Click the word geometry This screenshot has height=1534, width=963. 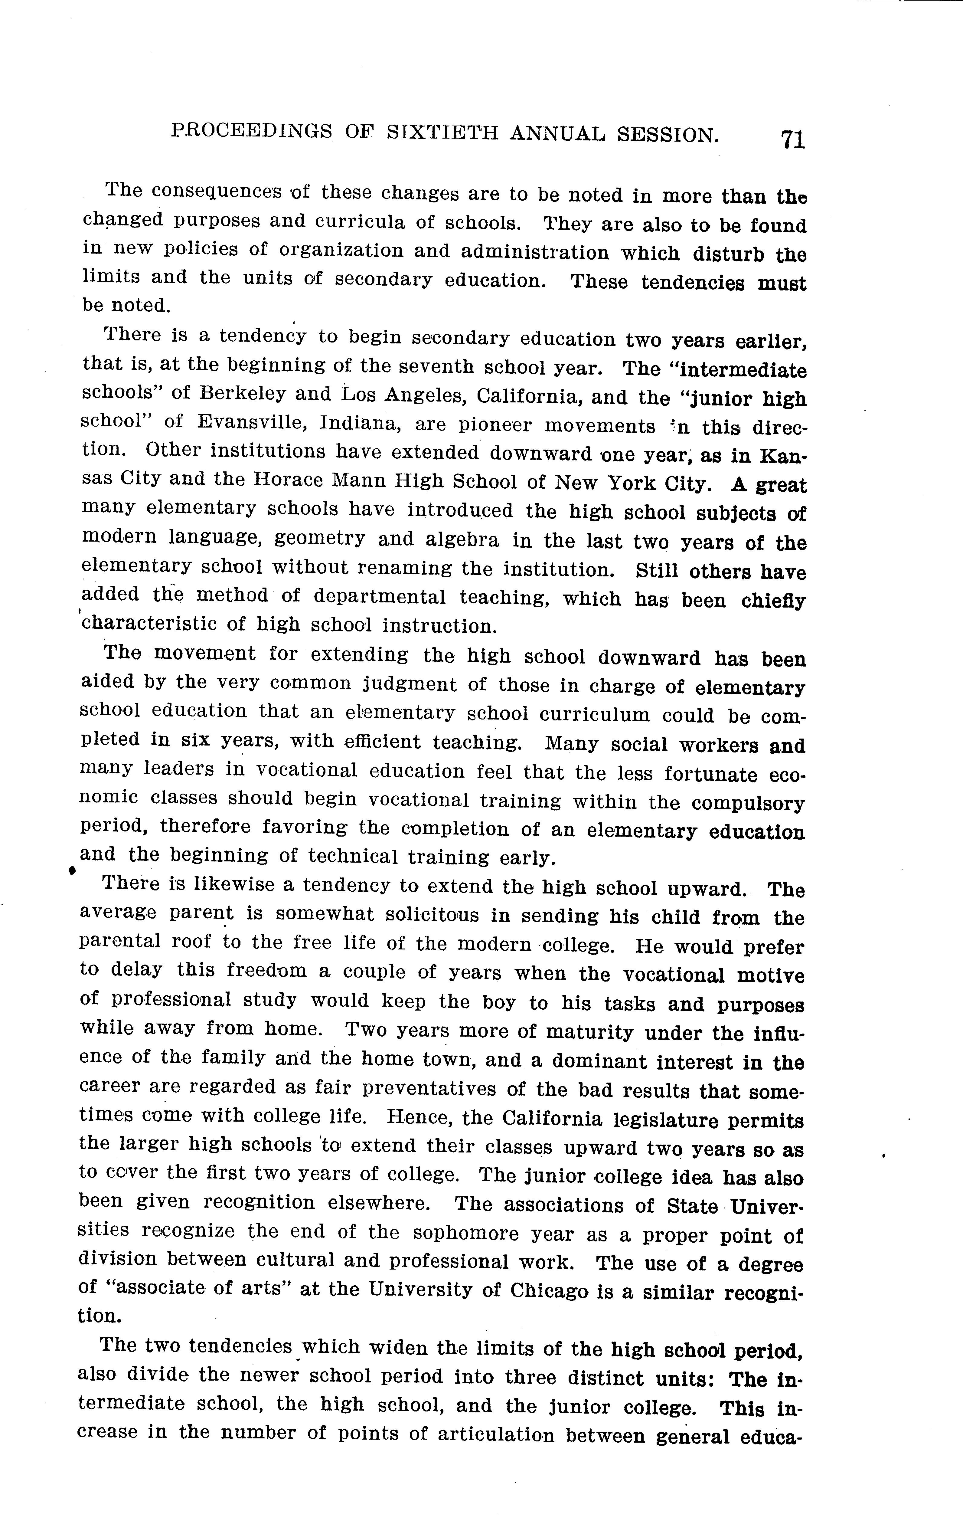pos(320,538)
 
